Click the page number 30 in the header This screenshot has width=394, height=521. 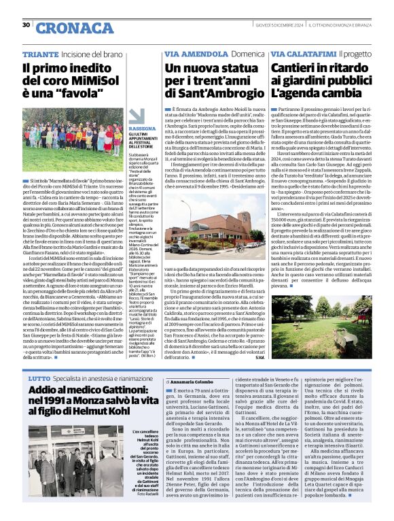coord(26,25)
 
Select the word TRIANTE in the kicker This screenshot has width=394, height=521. coord(39,54)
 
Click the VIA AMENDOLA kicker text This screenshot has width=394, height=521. coord(191,54)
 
